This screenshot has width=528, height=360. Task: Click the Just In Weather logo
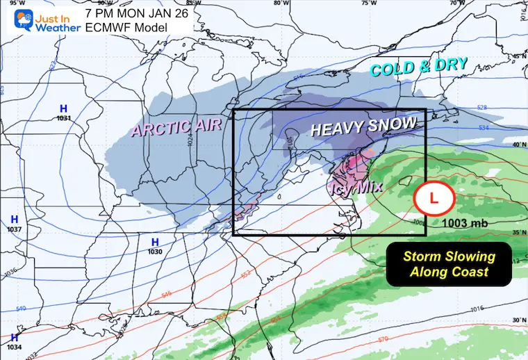(38, 19)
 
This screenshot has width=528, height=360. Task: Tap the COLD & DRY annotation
(419, 67)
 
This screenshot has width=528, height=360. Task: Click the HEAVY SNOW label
(363, 127)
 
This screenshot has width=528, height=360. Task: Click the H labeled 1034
(14, 338)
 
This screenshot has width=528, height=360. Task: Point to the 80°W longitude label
(281, 3)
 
